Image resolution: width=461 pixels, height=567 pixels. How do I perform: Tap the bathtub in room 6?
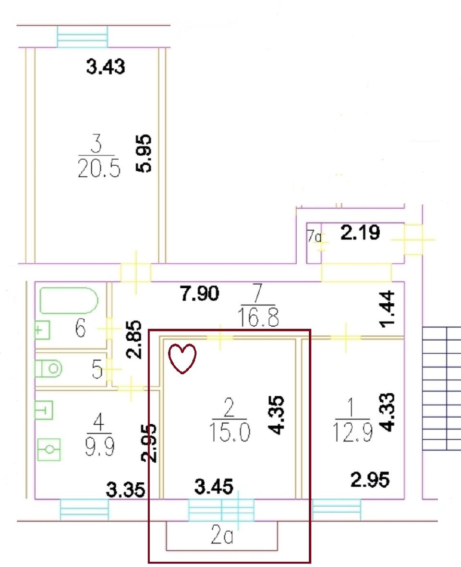point(69,300)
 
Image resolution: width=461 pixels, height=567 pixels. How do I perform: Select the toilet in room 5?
point(49,369)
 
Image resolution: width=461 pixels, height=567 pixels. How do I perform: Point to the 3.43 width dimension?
point(106,67)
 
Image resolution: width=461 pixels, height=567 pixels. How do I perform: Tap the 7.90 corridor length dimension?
point(199,293)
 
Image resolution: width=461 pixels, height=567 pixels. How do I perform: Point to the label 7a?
point(314,236)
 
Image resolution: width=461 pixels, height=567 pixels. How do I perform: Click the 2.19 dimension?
point(360,233)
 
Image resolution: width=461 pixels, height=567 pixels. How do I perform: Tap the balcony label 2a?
point(222,535)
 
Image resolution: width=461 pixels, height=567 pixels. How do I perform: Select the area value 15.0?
point(230,432)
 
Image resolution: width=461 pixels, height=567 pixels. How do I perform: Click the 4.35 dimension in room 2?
point(277,415)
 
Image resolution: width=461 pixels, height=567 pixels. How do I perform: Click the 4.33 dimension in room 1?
point(388,412)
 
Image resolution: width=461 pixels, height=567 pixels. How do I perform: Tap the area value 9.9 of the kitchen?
point(100,447)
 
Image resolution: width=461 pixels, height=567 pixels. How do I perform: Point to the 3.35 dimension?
point(125,490)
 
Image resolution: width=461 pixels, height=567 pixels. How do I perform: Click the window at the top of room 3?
point(83,36)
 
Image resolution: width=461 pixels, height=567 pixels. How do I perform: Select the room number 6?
point(80,328)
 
